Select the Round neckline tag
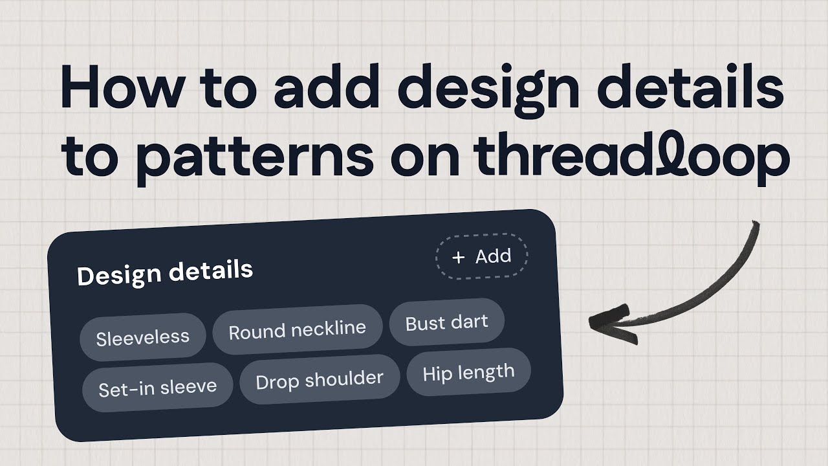tap(298, 330)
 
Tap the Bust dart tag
tap(446, 322)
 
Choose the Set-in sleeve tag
tap(157, 388)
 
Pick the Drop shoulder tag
tap(320, 380)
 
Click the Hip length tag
tap(468, 373)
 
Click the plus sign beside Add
tap(458, 258)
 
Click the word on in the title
tap(425, 159)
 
